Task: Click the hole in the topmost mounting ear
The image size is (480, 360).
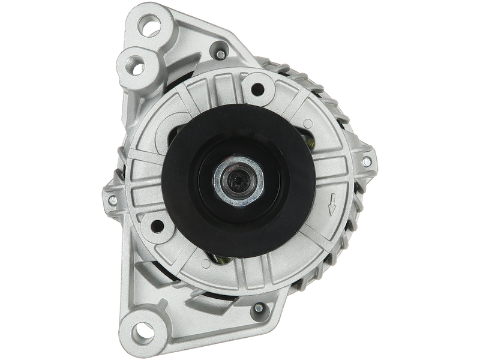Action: [148, 26]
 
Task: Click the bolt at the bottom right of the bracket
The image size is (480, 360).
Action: [257, 308]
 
